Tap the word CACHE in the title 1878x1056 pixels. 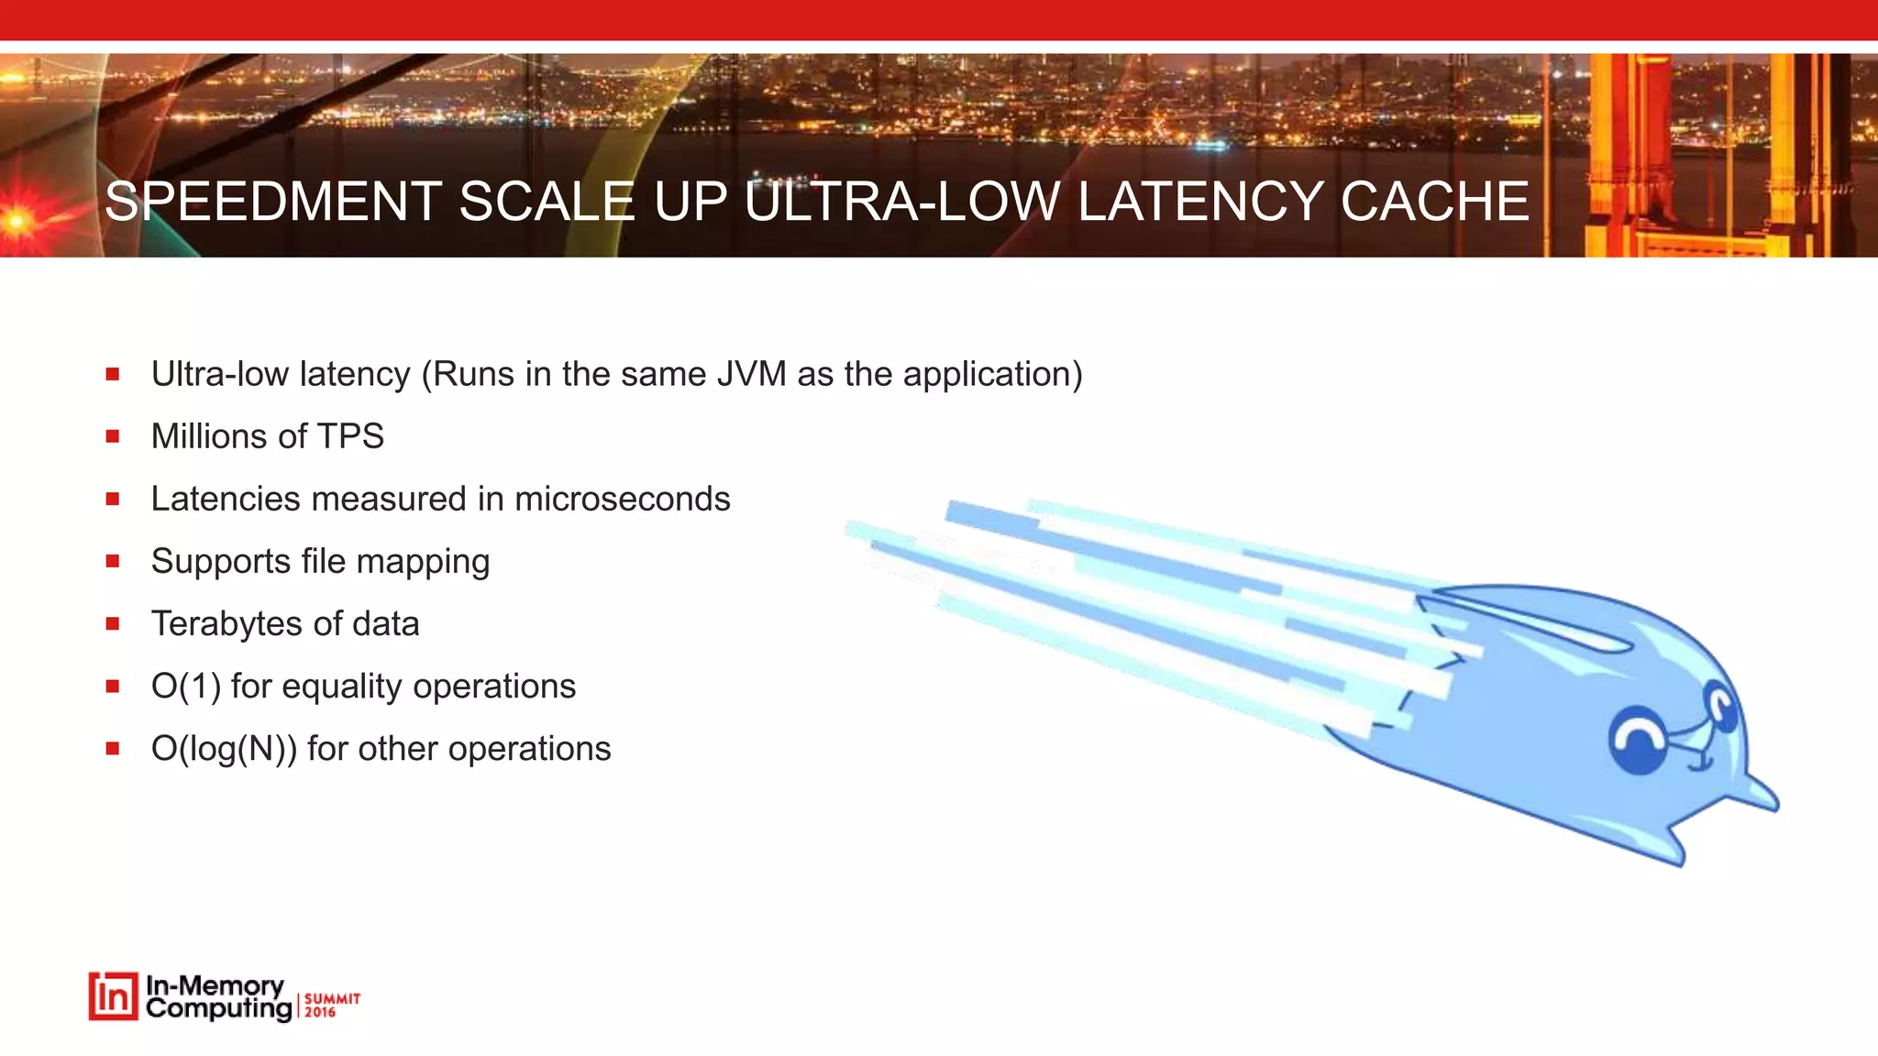coord(1434,202)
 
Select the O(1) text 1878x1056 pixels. coord(186,687)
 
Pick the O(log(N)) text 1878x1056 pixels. coord(224,749)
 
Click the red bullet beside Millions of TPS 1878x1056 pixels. coord(113,436)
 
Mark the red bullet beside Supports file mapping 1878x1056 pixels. coord(113,561)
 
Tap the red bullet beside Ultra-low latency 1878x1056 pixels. coord(113,374)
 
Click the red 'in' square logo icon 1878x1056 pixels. coord(114,996)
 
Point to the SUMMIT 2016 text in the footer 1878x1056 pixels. coord(331,1005)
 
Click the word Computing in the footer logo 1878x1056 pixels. coord(218,1009)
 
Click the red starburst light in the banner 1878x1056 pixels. coord(17,220)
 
